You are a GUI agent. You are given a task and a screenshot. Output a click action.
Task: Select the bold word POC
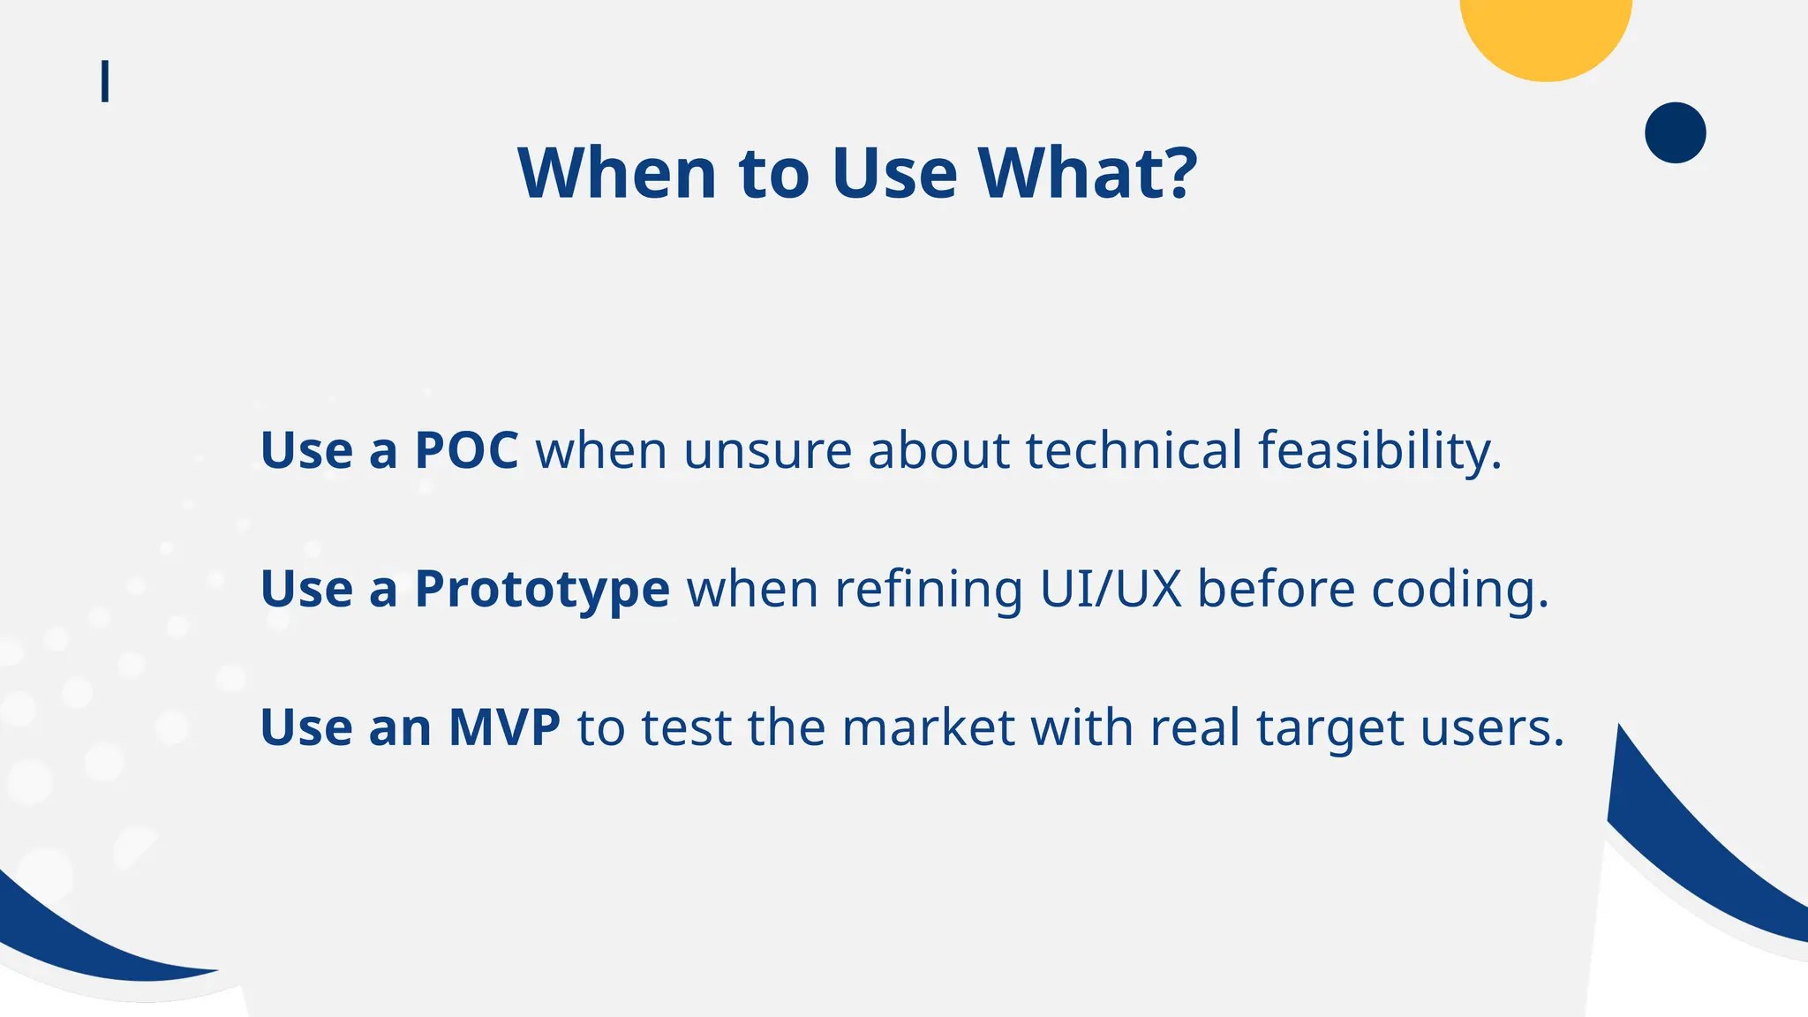(x=466, y=450)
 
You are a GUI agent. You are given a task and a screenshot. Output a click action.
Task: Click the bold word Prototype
(x=542, y=590)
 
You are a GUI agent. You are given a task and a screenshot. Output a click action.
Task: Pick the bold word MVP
(x=504, y=727)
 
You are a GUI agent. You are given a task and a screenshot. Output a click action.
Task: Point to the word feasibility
(x=1379, y=450)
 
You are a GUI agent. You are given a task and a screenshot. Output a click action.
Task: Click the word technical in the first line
(x=1134, y=450)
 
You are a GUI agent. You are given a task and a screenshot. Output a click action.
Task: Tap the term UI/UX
(x=1111, y=589)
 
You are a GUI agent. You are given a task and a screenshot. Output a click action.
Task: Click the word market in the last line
(x=928, y=728)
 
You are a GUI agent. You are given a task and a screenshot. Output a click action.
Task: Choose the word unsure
(x=767, y=450)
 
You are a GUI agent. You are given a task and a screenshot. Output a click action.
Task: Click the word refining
(x=929, y=590)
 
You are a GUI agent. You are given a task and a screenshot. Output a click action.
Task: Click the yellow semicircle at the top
(x=1546, y=35)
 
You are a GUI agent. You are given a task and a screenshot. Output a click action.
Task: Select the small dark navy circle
(x=1675, y=132)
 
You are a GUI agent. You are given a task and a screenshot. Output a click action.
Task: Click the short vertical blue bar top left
(x=105, y=81)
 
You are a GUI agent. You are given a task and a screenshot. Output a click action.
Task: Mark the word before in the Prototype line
(x=1276, y=589)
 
